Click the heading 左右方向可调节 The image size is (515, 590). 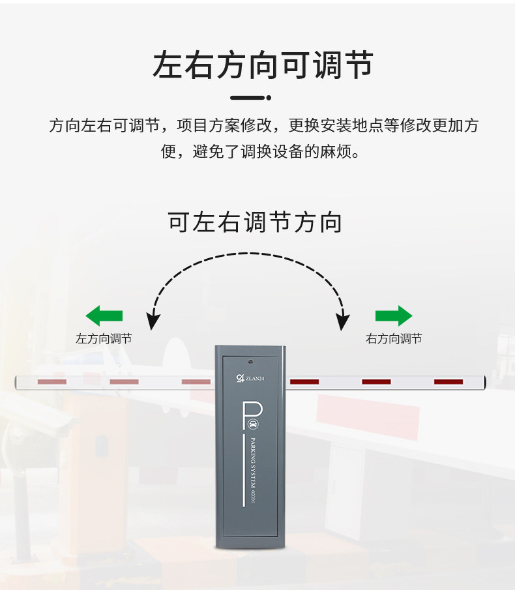click(x=263, y=65)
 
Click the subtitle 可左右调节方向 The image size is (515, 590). click(x=255, y=222)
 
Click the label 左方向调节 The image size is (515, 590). click(x=104, y=339)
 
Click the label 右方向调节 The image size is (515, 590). click(x=394, y=339)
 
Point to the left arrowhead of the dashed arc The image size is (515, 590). click(x=153, y=321)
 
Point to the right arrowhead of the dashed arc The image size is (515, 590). click(x=343, y=321)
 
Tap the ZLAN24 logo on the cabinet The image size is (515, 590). click(x=250, y=377)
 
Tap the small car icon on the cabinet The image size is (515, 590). click(x=253, y=424)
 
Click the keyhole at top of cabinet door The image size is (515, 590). click(x=250, y=361)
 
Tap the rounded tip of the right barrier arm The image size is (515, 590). click(x=483, y=381)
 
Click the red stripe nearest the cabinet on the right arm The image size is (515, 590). click(x=304, y=381)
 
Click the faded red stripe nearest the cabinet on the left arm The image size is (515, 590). click(x=196, y=381)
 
